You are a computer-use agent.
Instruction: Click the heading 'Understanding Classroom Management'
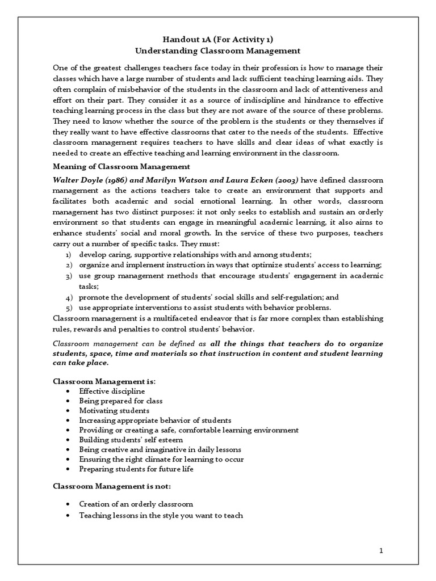click(x=218, y=50)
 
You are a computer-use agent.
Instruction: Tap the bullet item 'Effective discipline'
click(x=112, y=391)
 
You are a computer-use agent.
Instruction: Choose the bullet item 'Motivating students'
click(x=114, y=410)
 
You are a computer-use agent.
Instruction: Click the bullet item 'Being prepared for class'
click(x=120, y=401)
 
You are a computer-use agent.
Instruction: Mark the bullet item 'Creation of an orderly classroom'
click(x=136, y=504)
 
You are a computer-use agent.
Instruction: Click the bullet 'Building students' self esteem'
click(x=131, y=439)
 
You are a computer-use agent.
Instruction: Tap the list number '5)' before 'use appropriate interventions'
click(x=68, y=308)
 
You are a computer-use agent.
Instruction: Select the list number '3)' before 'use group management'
click(x=68, y=276)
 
